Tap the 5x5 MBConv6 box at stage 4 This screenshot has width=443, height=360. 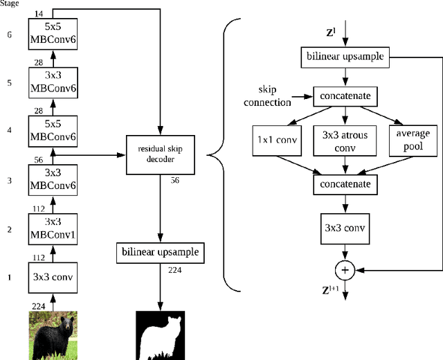(53, 131)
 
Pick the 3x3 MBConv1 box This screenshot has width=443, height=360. (53, 228)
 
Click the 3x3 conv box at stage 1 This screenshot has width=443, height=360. (53, 277)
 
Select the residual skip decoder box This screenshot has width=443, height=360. (160, 155)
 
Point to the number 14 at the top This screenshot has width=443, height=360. (38, 13)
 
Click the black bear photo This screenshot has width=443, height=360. (53, 335)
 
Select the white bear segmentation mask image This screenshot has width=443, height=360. (161, 335)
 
